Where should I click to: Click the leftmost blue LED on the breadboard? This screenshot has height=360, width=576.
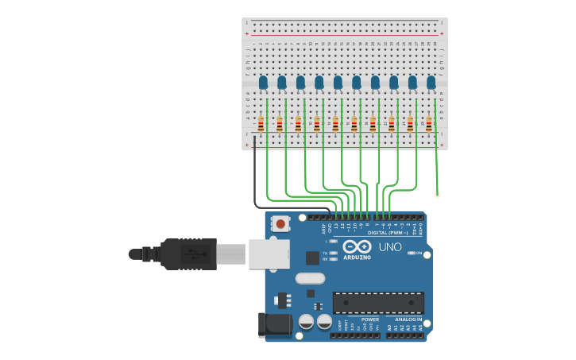click(263, 82)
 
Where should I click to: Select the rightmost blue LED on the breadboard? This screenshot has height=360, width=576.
click(431, 82)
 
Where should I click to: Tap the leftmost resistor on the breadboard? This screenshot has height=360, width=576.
click(261, 124)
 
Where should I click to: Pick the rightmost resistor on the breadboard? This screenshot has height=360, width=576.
click(429, 124)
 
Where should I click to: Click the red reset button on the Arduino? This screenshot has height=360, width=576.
click(280, 224)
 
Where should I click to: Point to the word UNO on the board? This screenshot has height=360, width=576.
click(390, 248)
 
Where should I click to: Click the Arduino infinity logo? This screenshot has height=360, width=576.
click(358, 246)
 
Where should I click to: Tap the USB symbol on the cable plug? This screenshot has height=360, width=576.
click(191, 255)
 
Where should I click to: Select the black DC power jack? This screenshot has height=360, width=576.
click(270, 326)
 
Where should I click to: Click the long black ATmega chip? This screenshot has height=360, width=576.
click(378, 303)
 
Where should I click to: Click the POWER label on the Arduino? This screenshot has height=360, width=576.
click(348, 319)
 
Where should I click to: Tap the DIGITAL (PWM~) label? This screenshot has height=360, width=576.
click(389, 233)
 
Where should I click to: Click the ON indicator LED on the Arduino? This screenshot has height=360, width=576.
click(410, 254)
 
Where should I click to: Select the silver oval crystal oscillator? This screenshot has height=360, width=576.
click(311, 278)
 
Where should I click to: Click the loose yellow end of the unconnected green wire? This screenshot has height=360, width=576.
click(437, 195)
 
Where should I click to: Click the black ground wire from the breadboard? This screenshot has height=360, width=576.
click(254, 175)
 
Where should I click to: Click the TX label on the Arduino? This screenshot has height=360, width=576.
click(326, 253)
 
